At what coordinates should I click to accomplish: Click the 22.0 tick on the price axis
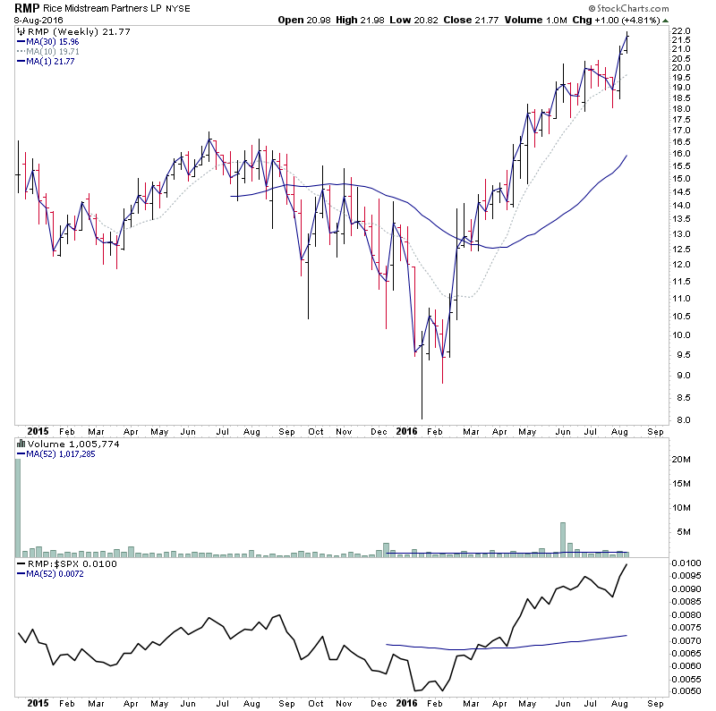[681, 31]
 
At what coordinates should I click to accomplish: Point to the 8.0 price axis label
[681, 419]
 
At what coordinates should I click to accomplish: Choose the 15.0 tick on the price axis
[681, 178]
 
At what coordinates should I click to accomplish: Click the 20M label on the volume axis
[681, 460]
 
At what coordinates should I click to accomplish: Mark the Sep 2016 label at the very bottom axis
[655, 703]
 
